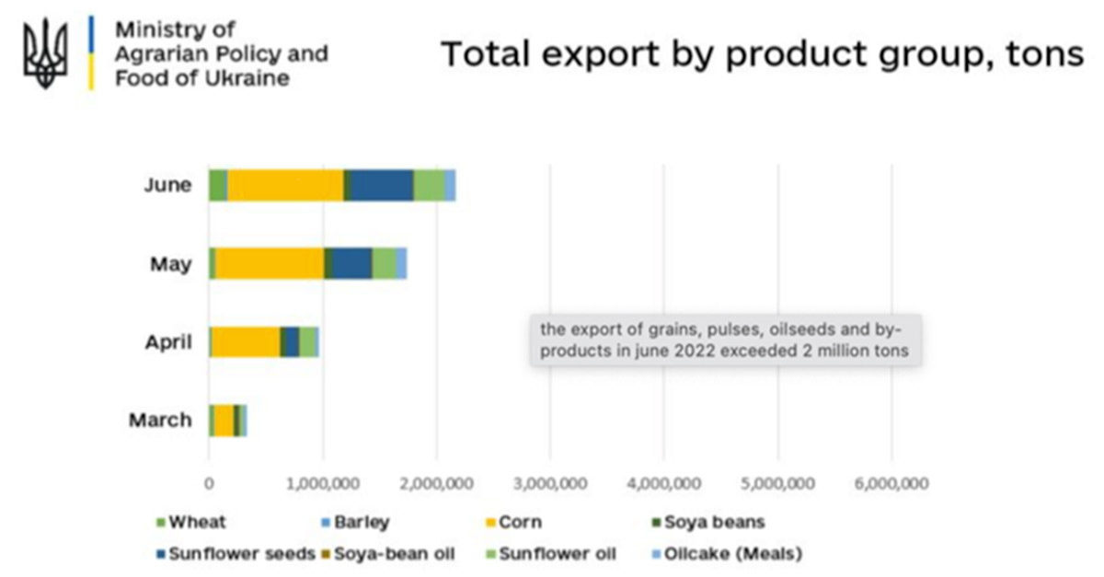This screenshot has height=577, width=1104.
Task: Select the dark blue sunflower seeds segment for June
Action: point(382,185)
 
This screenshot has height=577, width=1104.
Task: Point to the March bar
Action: point(227,420)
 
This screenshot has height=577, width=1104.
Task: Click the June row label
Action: point(167,185)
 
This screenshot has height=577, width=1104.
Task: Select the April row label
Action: point(168,342)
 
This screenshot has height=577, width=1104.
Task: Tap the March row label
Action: point(160,421)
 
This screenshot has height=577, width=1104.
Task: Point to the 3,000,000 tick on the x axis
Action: point(550,483)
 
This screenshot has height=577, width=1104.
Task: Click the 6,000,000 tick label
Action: point(891,483)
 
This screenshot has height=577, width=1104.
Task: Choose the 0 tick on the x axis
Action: point(209,483)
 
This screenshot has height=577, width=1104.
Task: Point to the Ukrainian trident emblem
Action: point(45,53)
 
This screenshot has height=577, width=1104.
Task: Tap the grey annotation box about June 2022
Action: point(724,340)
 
